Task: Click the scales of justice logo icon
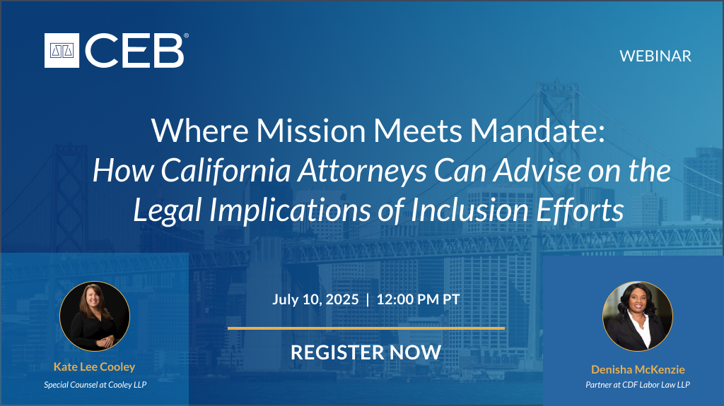[x=62, y=50]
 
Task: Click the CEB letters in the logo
[x=134, y=51]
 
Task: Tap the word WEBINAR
[x=655, y=56]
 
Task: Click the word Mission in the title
[x=311, y=131]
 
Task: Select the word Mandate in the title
[x=537, y=131]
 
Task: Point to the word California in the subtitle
[x=226, y=170]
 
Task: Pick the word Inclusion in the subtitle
[x=469, y=210]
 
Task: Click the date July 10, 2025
[x=315, y=299]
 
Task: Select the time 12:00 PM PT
[x=419, y=299]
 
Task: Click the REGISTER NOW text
[x=366, y=352]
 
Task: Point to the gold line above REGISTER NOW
[x=366, y=328]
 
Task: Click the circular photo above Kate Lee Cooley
[x=95, y=316]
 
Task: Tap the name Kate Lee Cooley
[x=95, y=366]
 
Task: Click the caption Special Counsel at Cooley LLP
[x=95, y=385]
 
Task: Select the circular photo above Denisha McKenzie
[x=638, y=316]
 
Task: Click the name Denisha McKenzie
[x=638, y=369]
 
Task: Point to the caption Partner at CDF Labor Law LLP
[x=638, y=385]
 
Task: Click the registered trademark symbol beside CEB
[x=186, y=35]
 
